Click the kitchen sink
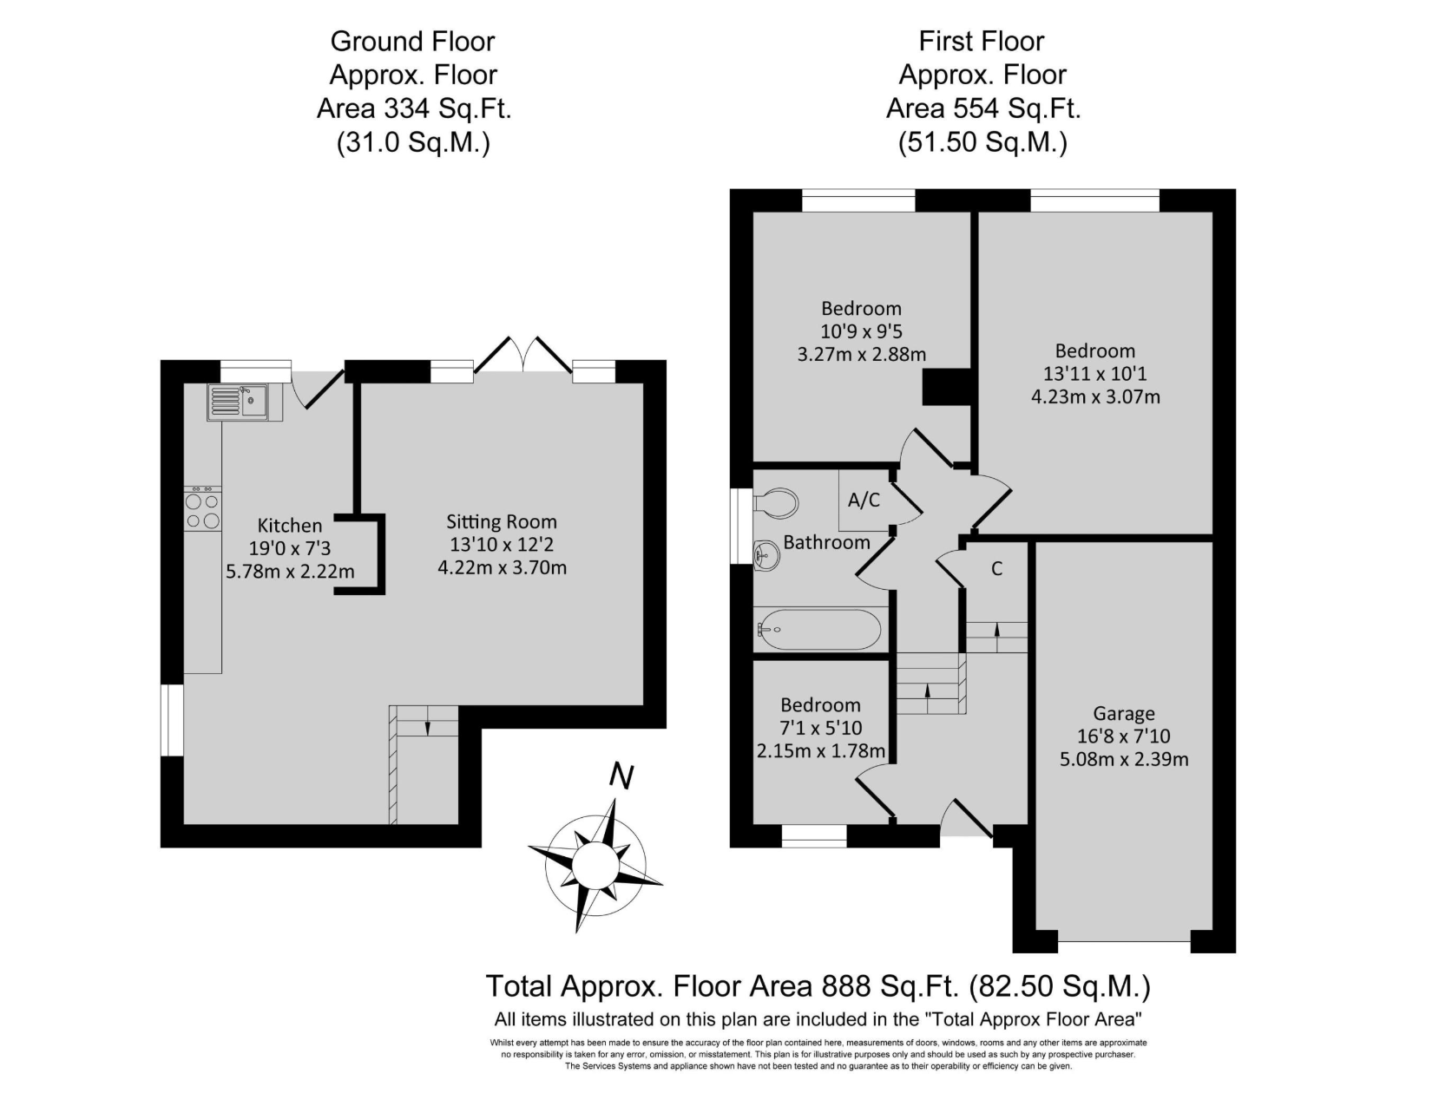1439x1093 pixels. (x=237, y=401)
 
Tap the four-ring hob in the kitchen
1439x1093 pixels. (x=202, y=508)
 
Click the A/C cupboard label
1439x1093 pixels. (x=864, y=500)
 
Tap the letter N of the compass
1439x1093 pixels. (x=621, y=776)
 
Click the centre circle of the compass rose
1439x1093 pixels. (x=595, y=864)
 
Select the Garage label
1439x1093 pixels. (x=1124, y=714)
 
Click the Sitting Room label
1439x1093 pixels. (x=502, y=521)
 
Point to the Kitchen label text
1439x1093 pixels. (x=290, y=526)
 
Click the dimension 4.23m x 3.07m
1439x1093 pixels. (x=1095, y=396)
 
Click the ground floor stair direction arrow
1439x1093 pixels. (x=427, y=727)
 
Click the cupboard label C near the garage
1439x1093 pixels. (x=996, y=568)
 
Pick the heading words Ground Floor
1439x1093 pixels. (x=412, y=42)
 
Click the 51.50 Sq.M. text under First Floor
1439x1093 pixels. (x=982, y=142)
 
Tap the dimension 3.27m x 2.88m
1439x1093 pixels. (x=862, y=355)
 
